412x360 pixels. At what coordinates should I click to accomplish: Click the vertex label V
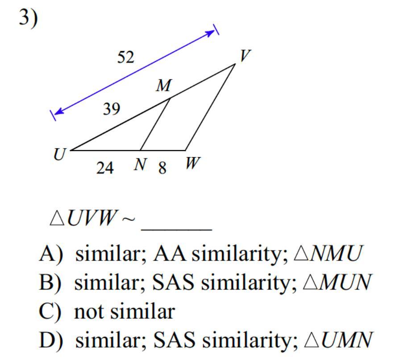[245, 56]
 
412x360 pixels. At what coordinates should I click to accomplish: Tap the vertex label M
[163, 86]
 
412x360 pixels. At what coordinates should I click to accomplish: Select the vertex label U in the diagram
[59, 155]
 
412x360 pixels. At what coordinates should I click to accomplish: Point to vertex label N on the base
[140, 165]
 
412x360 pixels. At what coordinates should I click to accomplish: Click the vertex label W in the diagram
[192, 164]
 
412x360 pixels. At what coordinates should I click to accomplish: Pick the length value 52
[125, 57]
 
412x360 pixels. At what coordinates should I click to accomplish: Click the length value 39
[111, 108]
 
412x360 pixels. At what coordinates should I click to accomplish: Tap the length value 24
[105, 168]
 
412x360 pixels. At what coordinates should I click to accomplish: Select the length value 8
[162, 168]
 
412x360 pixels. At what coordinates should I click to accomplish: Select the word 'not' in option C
[90, 311]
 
